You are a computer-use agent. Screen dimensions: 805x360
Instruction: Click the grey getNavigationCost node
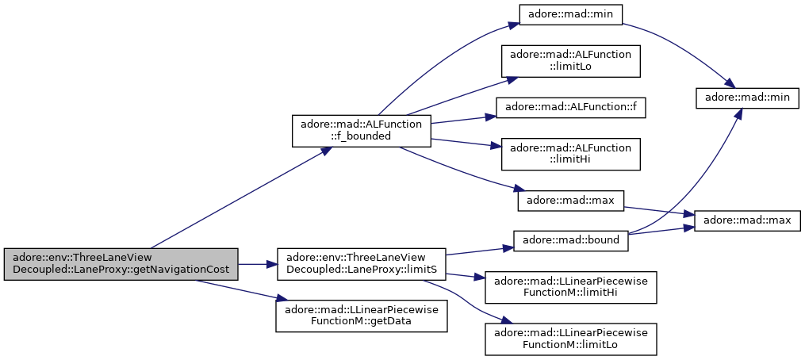tap(121, 264)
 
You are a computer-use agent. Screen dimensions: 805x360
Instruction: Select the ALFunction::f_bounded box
tap(362, 131)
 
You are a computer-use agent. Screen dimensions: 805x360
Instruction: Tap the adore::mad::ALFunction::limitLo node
tap(571, 61)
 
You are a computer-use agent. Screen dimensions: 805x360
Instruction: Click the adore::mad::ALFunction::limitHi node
tap(571, 154)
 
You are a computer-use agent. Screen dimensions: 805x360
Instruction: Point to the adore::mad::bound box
tap(571, 241)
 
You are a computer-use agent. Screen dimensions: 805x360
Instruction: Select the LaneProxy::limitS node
tap(362, 264)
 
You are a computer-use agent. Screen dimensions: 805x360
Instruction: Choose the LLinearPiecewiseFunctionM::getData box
tap(362, 316)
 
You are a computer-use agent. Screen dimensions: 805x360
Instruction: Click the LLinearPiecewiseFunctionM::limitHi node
tap(571, 287)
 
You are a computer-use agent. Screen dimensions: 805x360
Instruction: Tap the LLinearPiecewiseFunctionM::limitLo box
tap(571, 339)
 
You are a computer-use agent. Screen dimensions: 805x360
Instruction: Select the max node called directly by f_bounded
tap(571, 201)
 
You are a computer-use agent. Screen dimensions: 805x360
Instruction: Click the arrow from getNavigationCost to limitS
tap(258, 264)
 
